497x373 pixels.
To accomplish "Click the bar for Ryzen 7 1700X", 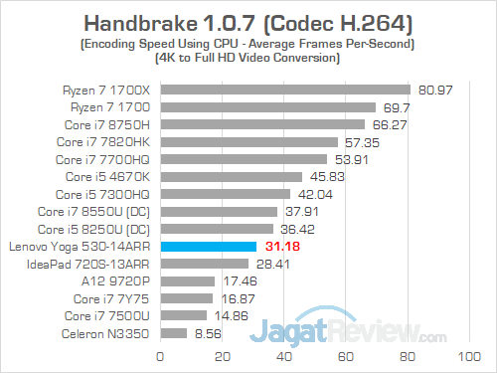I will tap(284, 90).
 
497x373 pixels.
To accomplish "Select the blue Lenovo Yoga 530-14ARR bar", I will tap(208, 246).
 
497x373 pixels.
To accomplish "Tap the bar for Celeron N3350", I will tap(173, 333).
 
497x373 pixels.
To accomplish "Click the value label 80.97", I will tap(433, 90).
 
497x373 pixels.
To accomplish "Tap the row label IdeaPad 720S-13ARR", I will tap(104, 264).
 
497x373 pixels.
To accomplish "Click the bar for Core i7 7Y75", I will tap(186, 298).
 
